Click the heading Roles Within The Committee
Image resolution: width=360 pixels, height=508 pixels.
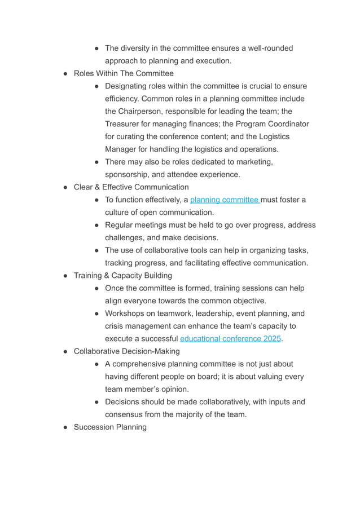[x=124, y=73]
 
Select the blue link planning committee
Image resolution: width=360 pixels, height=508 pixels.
[x=224, y=200]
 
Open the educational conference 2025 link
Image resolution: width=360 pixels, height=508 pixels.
[x=230, y=339]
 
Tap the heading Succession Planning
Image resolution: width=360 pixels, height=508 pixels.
[x=110, y=427]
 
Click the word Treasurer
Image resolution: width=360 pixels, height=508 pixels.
[x=125, y=124]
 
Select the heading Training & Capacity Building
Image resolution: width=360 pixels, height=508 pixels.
[x=123, y=276]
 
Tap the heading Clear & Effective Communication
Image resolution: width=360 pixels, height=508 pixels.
[x=131, y=187]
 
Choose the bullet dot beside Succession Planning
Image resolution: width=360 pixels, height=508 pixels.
[x=65, y=427]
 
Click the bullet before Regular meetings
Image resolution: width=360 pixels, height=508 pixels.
[x=97, y=226]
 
